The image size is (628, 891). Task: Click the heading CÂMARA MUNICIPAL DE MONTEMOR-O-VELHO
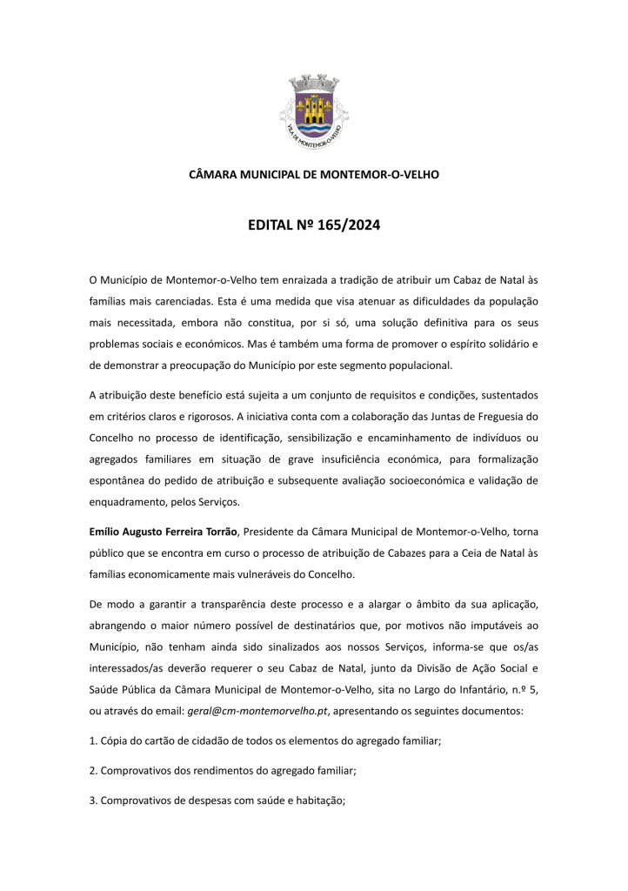click(x=314, y=175)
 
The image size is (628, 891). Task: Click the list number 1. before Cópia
click(x=94, y=741)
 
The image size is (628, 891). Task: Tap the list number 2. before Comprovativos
click(x=94, y=771)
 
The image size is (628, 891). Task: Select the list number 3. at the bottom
click(x=94, y=800)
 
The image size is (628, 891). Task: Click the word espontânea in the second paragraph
click(x=120, y=481)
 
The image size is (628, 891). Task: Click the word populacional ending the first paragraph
click(x=392, y=365)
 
